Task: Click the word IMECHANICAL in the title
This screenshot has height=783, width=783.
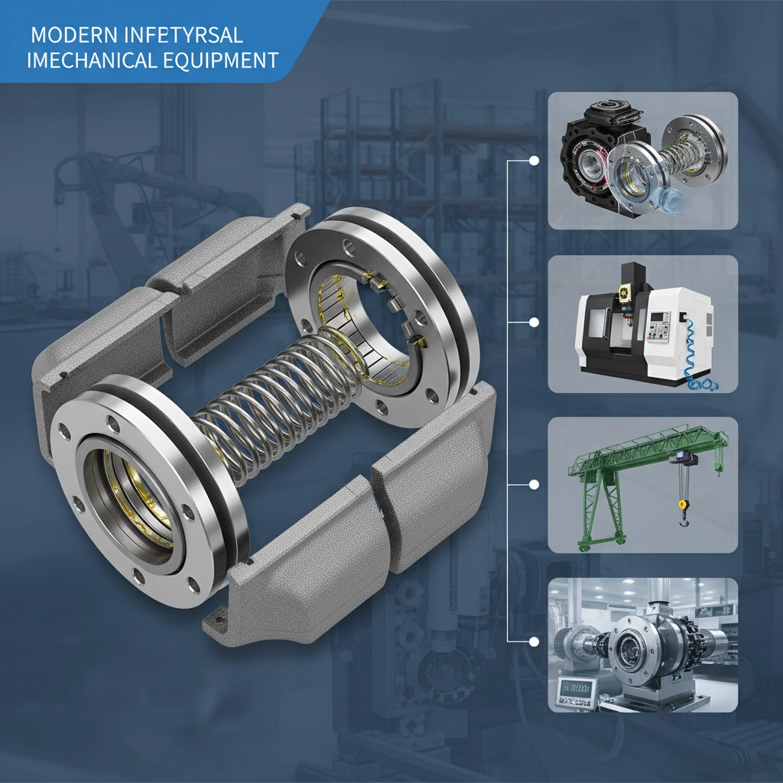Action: (92, 60)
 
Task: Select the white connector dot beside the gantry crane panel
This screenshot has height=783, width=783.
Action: (534, 484)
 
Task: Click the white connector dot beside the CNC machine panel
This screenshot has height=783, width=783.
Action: (534, 322)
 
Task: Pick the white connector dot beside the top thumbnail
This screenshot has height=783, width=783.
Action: (534, 161)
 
